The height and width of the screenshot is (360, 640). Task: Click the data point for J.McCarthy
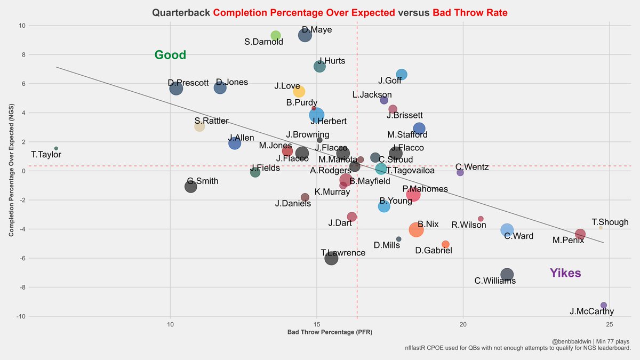tap(604, 305)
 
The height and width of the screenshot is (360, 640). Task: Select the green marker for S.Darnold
tap(276, 36)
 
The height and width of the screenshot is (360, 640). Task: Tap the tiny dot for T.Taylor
tap(56, 148)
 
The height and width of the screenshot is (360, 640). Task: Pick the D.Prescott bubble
tap(176, 89)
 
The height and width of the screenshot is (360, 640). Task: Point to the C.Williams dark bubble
tap(507, 274)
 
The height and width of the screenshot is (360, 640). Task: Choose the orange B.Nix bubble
tap(416, 229)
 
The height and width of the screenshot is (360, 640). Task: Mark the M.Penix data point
tap(580, 234)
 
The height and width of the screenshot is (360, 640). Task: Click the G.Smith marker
tap(190, 187)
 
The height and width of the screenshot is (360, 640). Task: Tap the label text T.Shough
tap(610, 222)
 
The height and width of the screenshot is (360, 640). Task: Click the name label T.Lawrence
tap(343, 253)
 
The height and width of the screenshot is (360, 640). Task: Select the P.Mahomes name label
tap(425, 189)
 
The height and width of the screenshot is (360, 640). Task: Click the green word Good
tap(170, 55)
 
